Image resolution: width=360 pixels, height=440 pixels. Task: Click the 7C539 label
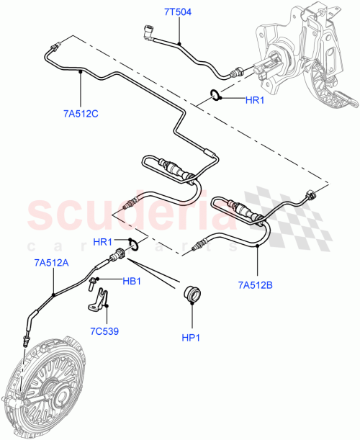click(105, 331)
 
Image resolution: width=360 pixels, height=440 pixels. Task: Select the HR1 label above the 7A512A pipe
click(104, 241)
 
